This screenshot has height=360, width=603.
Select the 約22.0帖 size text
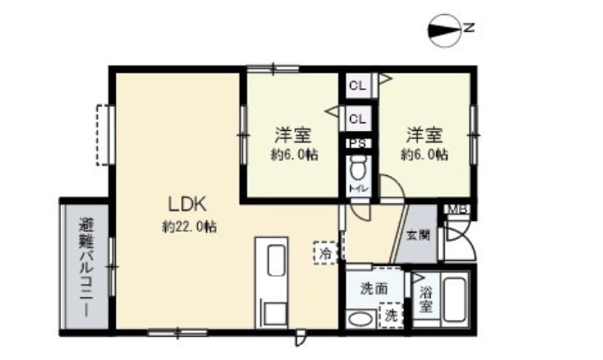pos(189,226)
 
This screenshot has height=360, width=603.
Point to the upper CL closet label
pos(357,86)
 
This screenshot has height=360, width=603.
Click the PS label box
pos(358,143)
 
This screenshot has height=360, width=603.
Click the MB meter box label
pos(455,209)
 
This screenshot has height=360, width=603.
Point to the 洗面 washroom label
pos(374,287)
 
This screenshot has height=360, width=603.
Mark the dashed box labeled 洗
pos(388,314)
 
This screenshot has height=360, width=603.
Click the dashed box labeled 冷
pos(325,253)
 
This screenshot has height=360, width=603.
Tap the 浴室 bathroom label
pos(425,298)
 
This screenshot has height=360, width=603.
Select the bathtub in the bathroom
pos(456,300)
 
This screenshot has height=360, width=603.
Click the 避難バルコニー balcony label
pos(86,267)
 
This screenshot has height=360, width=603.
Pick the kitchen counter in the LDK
pos(273,281)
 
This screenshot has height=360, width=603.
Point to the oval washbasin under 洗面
pos(360,318)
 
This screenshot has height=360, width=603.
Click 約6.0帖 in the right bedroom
pos(424,155)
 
